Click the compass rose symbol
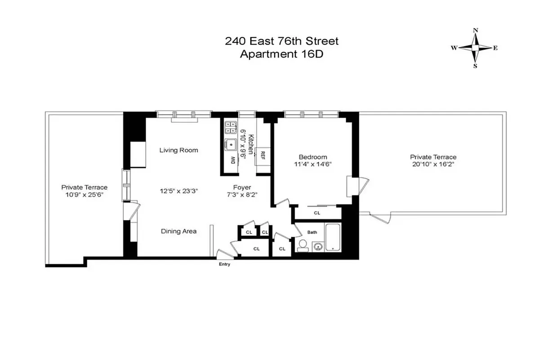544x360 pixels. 475,48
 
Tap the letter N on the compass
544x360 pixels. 475,31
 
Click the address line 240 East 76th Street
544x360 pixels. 281,41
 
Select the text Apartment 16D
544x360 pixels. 281,54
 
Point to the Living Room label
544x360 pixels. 178,150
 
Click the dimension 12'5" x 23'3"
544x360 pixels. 178,191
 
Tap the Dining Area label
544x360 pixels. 178,231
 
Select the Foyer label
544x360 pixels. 242,187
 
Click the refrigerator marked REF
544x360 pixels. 263,156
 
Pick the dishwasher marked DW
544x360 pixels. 232,160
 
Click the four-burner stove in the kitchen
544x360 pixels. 231,127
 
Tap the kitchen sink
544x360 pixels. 231,144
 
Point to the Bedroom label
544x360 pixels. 313,157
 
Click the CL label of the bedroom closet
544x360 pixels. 317,213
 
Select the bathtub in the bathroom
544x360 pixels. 333,237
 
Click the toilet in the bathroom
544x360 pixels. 303,245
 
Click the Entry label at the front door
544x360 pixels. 224,265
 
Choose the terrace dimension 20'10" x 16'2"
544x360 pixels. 433,164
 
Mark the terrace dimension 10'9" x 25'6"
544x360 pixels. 85,194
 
